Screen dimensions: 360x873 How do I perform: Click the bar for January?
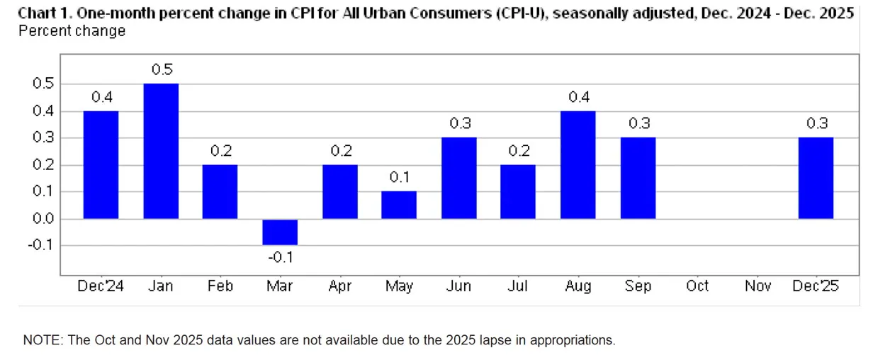pos(161,151)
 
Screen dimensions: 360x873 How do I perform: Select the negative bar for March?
pos(280,232)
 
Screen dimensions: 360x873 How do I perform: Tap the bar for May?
pos(399,205)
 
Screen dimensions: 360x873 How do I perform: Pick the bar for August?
pos(578,164)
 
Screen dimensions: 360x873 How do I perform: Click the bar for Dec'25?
pos(816,178)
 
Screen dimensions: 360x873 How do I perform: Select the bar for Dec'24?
pos(101,164)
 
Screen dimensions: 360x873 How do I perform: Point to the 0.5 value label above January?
pos(162,69)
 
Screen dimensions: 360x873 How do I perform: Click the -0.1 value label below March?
pos(280,257)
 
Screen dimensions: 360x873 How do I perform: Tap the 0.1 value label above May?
pos(400,177)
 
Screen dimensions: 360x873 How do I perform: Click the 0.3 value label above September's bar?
pos(638,123)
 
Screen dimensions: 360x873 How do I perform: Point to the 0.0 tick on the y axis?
pos(44,219)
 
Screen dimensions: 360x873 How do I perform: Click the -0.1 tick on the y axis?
pos(43,246)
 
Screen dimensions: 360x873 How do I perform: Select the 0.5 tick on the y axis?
pos(44,84)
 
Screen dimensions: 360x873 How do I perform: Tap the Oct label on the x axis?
pos(697,286)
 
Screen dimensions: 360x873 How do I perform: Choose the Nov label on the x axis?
pos(757,286)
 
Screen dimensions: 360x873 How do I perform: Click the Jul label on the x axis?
pos(518,286)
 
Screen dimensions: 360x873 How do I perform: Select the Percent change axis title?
pos(72,31)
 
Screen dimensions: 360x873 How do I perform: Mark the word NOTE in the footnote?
pos(42,340)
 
